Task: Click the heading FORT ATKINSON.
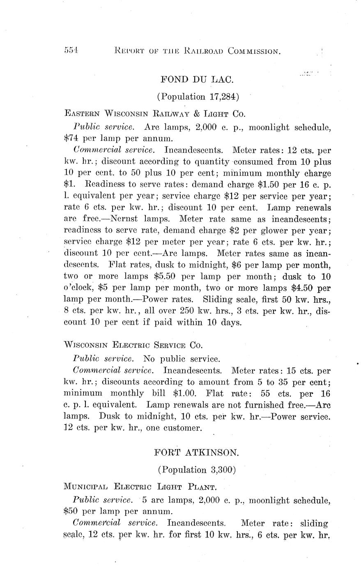click(196, 453)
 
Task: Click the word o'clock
click(79, 288)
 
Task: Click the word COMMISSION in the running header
click(255, 51)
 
